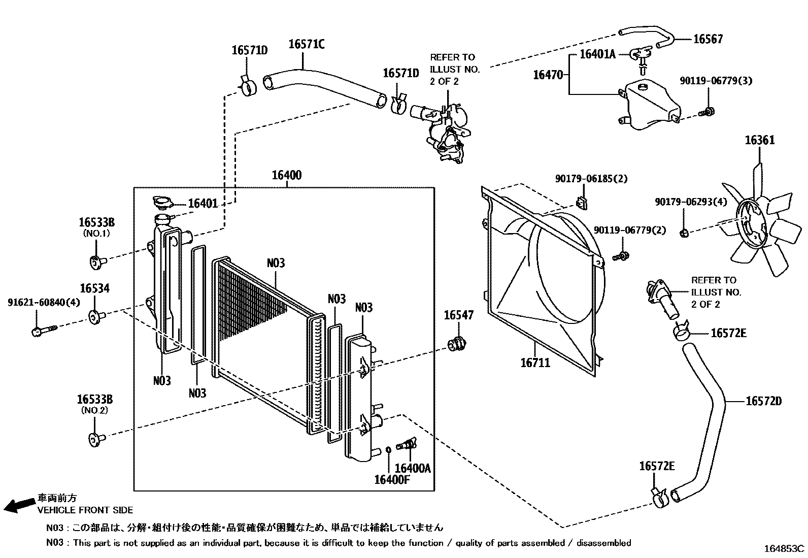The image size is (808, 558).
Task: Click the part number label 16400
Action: pyautogui.click(x=286, y=176)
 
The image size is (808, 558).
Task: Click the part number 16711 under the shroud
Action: pyautogui.click(x=535, y=363)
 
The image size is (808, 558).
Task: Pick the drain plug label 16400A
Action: pyautogui.click(x=412, y=468)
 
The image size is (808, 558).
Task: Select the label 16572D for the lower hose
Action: pyautogui.click(x=763, y=402)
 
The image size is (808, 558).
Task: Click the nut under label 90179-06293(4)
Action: pyautogui.click(x=683, y=233)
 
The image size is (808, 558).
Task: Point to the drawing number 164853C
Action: pyautogui.click(x=784, y=548)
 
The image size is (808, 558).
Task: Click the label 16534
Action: pyautogui.click(x=94, y=289)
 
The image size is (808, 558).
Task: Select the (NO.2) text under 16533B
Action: pyautogui.click(x=94, y=410)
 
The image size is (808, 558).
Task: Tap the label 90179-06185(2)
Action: pyautogui.click(x=591, y=179)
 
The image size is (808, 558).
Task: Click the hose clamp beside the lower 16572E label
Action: pyautogui.click(x=659, y=496)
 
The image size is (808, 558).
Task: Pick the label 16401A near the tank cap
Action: pyautogui.click(x=597, y=54)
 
